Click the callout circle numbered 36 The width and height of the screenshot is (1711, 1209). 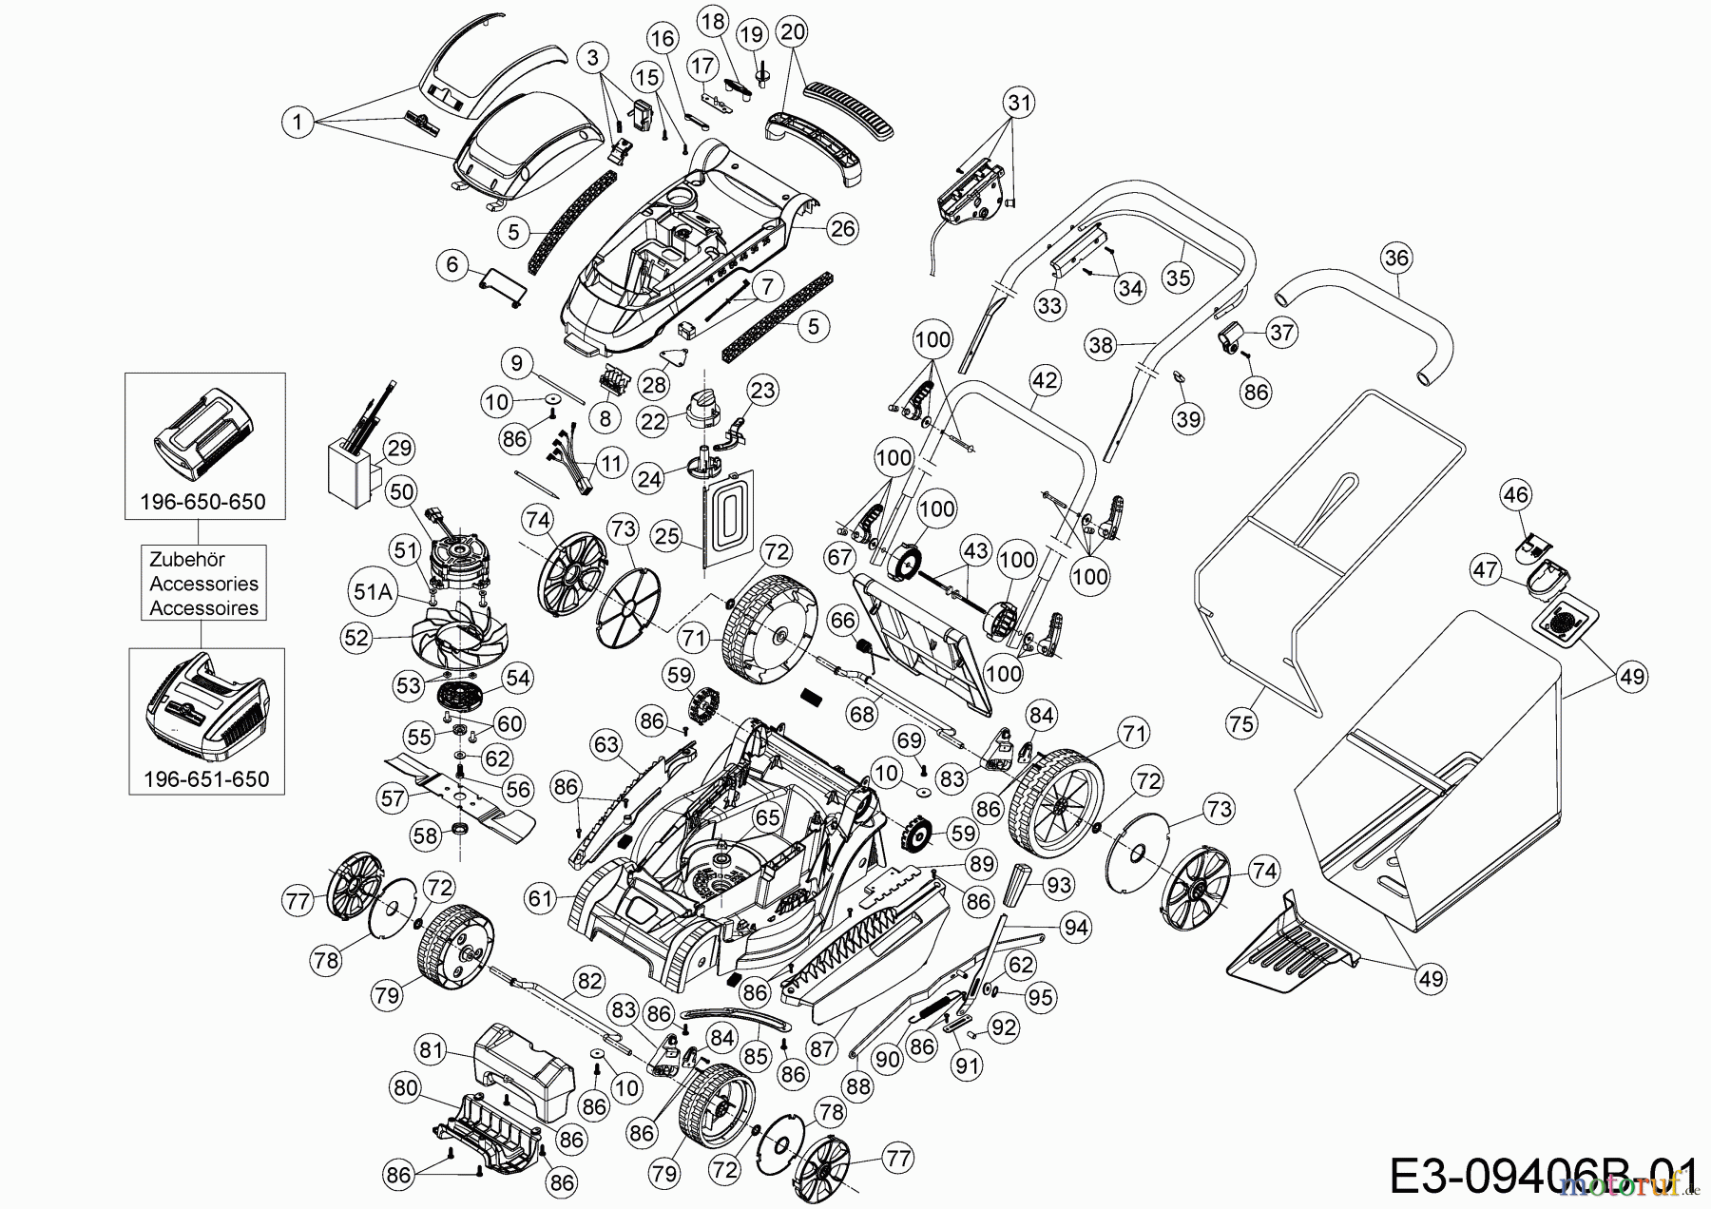point(1396,258)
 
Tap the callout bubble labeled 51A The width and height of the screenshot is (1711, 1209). point(372,591)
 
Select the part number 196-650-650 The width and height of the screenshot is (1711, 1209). point(204,501)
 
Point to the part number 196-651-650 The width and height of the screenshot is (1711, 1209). point(206,778)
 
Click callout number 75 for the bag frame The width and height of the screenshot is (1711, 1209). point(1241,723)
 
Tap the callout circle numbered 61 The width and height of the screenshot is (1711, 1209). point(541,897)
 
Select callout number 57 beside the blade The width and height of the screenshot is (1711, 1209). point(394,798)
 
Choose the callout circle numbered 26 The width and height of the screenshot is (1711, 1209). point(842,228)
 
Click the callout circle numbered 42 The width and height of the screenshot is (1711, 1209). point(1044,381)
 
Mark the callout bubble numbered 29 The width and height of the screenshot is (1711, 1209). point(398,447)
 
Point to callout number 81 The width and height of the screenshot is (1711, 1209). point(432,1048)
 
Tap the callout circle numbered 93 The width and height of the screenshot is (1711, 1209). point(1057,885)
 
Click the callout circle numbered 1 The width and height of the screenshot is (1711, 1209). point(298,122)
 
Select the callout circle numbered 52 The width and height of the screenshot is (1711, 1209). point(356,638)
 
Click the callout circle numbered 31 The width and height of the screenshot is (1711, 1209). point(1019,103)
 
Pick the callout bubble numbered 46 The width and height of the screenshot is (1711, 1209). point(1516,494)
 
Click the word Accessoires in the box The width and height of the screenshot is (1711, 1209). point(204,608)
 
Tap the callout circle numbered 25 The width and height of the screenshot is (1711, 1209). point(667,536)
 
